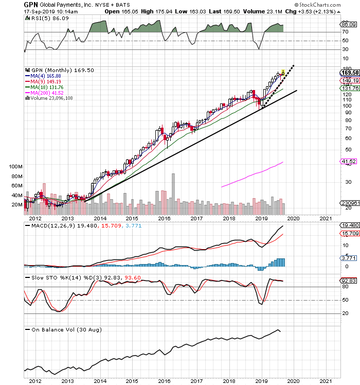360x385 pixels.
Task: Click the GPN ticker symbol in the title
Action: click(31, 5)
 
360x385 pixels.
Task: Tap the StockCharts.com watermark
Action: click(317, 5)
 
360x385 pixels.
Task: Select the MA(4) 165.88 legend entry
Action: click(43, 76)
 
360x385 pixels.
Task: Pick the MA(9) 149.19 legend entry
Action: click(43, 81)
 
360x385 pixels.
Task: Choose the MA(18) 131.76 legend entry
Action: click(44, 87)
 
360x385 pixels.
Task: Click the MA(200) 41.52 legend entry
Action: click(44, 93)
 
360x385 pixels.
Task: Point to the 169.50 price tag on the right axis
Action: click(350, 73)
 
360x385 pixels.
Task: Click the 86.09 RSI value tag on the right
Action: click(349, 24)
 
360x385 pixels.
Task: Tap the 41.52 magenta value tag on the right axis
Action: click(349, 161)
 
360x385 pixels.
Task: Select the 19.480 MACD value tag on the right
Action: click(350, 225)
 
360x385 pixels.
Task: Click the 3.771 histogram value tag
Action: click(349, 258)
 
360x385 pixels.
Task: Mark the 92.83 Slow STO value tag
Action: click(349, 281)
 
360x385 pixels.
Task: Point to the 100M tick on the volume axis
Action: click(15, 166)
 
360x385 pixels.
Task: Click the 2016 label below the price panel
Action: click(164, 218)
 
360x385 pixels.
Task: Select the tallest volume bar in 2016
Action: click(173, 194)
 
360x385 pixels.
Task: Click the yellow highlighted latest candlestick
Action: click(283, 73)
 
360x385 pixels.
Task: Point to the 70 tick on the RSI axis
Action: click(345, 32)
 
